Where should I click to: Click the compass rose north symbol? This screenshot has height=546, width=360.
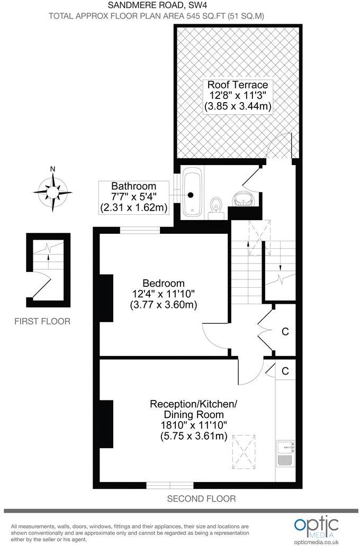[x=52, y=189]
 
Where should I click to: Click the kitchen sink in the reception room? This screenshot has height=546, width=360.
[x=286, y=447]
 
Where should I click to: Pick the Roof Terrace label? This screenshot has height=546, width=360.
[x=238, y=85]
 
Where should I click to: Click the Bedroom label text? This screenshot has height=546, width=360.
[x=163, y=283]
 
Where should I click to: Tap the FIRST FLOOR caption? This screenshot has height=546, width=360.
[x=42, y=321]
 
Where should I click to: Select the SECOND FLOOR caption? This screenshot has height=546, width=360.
[x=201, y=498]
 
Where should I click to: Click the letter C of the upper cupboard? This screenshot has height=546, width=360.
[x=285, y=332]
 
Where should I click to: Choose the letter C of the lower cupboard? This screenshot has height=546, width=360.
[x=285, y=371]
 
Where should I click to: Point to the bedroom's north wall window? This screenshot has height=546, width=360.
[x=140, y=230]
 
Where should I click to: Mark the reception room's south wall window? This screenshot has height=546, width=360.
[x=170, y=485]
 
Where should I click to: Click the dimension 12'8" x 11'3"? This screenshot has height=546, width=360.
[x=238, y=96]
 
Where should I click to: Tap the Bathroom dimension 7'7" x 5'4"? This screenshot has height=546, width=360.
[x=133, y=197]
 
